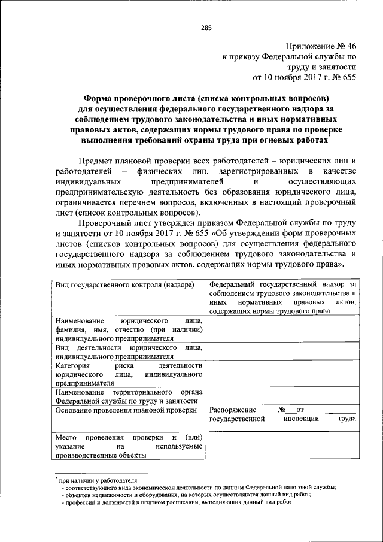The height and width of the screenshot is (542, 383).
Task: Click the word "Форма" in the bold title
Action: pyautogui.click(x=98, y=98)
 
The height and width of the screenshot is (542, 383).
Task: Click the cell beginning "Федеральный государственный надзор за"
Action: pyautogui.click(x=283, y=296)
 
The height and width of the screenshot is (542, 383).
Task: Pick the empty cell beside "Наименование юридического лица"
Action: pyautogui.click(x=283, y=329)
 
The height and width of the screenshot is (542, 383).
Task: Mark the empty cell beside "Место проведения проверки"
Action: pyautogui.click(x=283, y=446)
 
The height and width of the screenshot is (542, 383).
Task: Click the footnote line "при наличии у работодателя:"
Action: pyautogui.click(x=99, y=480)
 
